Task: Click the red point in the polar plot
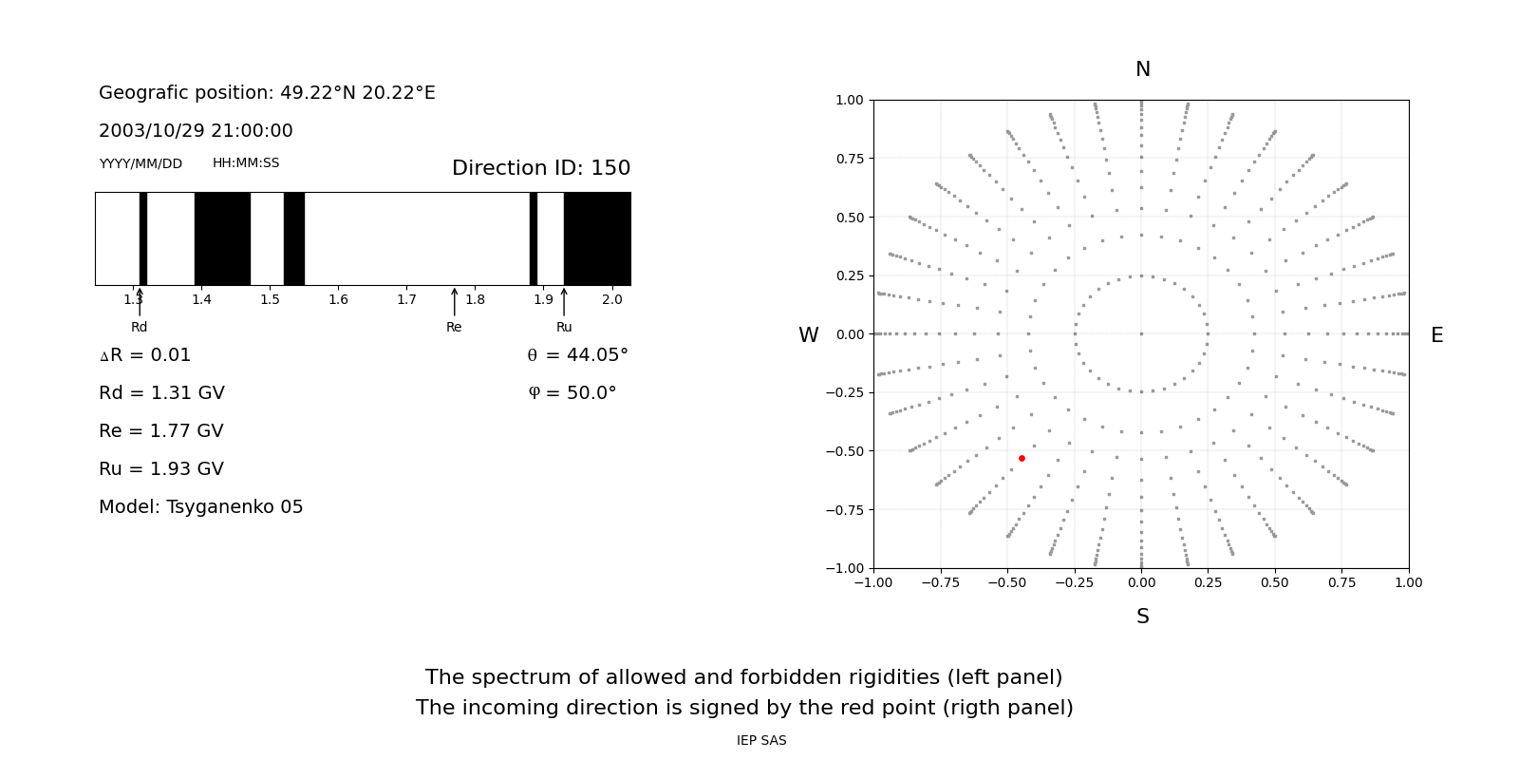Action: point(1022,458)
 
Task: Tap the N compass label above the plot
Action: point(1142,69)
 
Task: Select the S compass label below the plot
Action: point(1142,617)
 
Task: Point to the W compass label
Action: point(808,335)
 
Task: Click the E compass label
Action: point(1436,335)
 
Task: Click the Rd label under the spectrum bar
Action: point(140,328)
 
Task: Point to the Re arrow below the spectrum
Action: point(454,302)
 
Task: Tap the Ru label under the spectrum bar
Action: point(564,328)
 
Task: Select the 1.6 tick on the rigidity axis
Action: point(338,300)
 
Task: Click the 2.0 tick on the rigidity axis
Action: point(611,300)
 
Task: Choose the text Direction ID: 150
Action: point(540,168)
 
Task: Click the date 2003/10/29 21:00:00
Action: point(196,131)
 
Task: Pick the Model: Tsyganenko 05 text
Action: point(200,507)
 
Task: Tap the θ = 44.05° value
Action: point(577,355)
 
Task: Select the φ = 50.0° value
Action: point(572,393)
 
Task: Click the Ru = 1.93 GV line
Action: point(160,469)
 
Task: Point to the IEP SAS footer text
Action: point(760,741)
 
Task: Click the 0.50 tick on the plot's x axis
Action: point(1275,582)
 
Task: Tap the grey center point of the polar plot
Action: point(1141,333)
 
